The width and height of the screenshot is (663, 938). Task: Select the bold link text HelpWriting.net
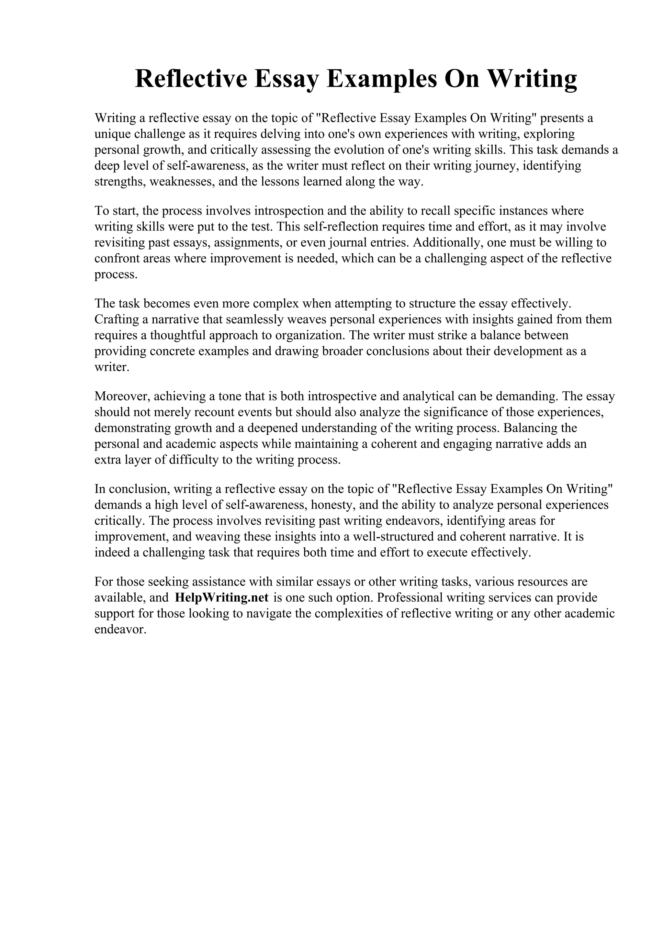(221, 598)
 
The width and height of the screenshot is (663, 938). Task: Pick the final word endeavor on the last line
(120, 629)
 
